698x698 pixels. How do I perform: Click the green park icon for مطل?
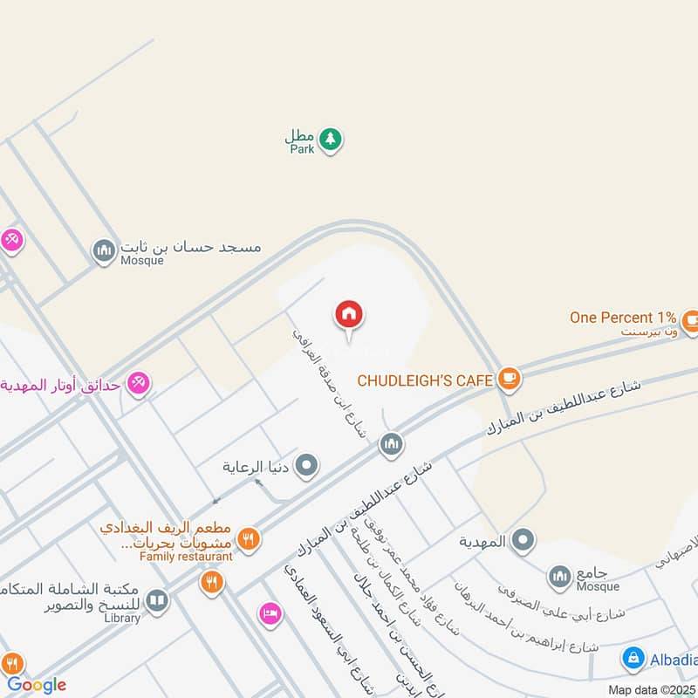(x=330, y=138)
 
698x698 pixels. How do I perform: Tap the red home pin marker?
(x=349, y=315)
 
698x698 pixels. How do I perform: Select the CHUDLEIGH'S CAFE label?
(x=424, y=380)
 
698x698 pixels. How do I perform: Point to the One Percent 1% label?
(x=623, y=318)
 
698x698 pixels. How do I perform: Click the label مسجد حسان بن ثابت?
(x=191, y=247)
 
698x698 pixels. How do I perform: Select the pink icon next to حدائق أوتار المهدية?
(x=138, y=382)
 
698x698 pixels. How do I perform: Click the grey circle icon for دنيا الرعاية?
(x=306, y=466)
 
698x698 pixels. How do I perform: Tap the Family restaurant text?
(x=186, y=557)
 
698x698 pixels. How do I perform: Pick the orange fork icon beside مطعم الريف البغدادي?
(x=249, y=539)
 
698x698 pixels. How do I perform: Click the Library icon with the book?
(x=156, y=600)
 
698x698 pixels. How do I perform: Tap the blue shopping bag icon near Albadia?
(x=633, y=659)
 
